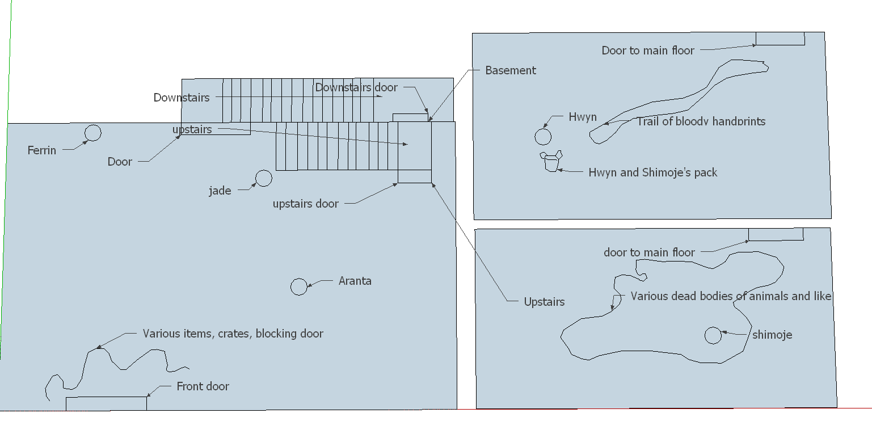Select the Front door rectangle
(x=106, y=398)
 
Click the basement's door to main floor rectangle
(x=780, y=45)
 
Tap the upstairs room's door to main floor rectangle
(x=776, y=240)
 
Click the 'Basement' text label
(x=511, y=70)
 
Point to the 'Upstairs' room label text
(x=544, y=302)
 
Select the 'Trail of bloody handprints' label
(x=701, y=121)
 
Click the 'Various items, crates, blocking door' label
(x=233, y=334)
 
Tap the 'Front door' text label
(x=203, y=386)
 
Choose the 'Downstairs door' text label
(x=356, y=87)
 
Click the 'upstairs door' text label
(x=306, y=204)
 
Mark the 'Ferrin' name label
(x=41, y=151)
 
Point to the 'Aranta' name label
(x=355, y=281)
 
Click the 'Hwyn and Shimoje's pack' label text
(x=653, y=172)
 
